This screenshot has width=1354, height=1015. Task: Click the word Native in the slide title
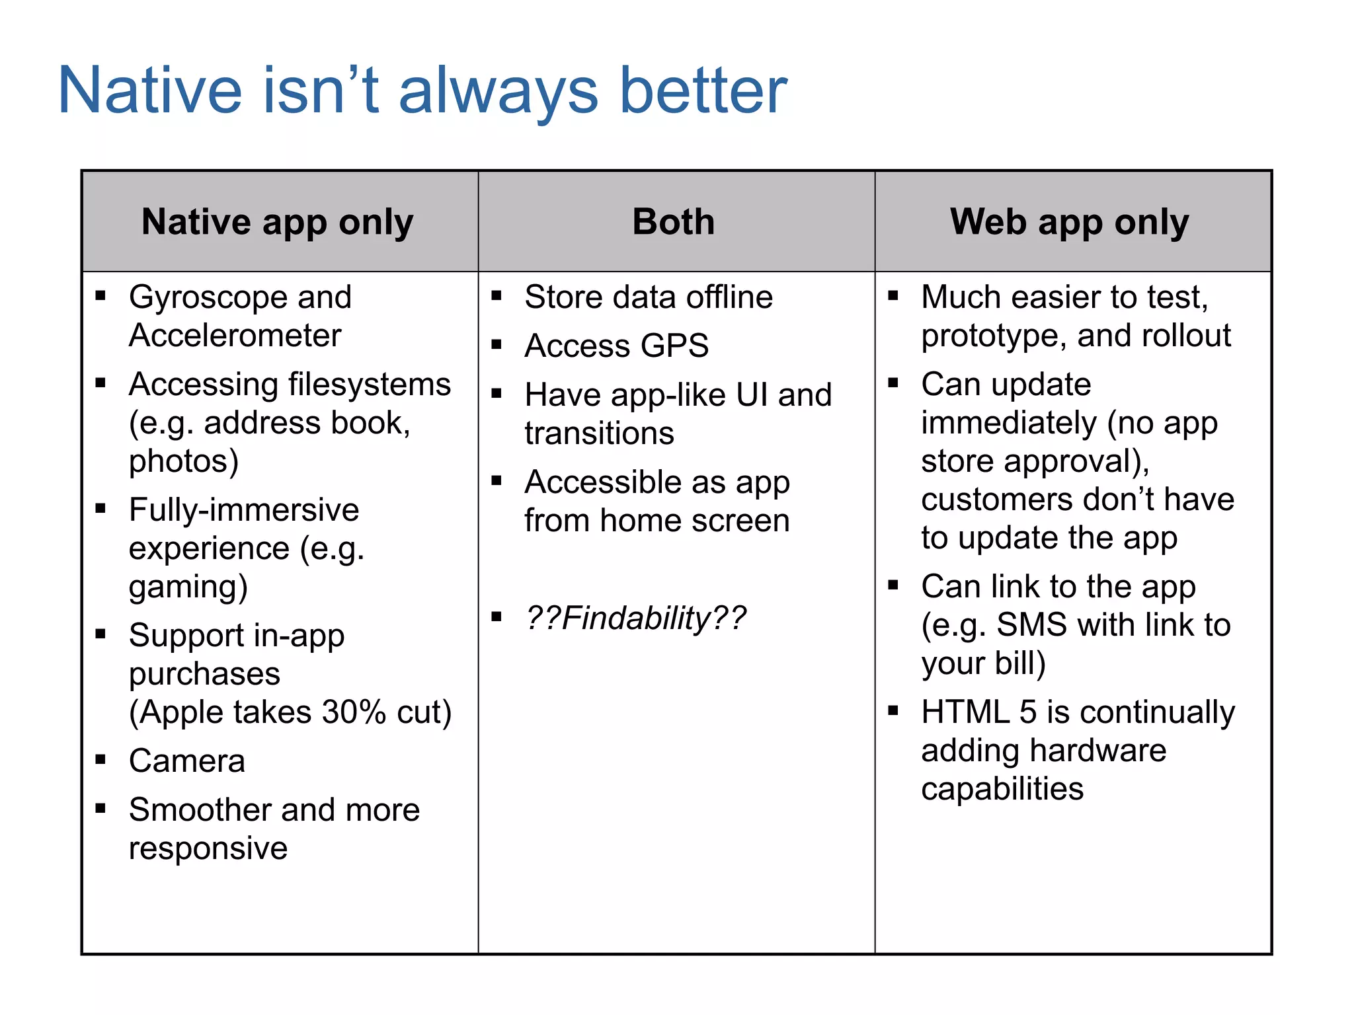pyautogui.click(x=150, y=91)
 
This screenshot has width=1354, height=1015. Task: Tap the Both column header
pyautogui.click(x=673, y=221)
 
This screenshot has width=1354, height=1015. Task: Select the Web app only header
pyautogui.click(x=1069, y=222)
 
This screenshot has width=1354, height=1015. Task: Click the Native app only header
pyautogui.click(x=277, y=222)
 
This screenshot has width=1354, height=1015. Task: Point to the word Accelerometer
pyautogui.click(x=235, y=336)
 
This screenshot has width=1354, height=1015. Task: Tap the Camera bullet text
pyautogui.click(x=187, y=761)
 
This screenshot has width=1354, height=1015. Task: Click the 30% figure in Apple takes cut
pyautogui.click(x=354, y=712)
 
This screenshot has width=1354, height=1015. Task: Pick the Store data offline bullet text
pyautogui.click(x=648, y=297)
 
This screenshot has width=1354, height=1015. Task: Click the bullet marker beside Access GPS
pyautogui.click(x=497, y=344)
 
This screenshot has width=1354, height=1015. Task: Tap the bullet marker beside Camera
pyautogui.click(x=100, y=759)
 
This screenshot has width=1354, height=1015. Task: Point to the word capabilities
pyautogui.click(x=1002, y=789)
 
